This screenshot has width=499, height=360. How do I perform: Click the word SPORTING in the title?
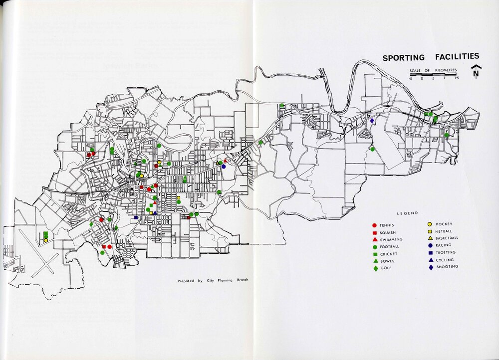[403, 58]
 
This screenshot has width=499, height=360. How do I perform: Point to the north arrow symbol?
[476, 72]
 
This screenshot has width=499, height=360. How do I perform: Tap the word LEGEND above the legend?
[408, 213]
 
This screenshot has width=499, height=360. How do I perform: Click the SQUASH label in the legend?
[390, 233]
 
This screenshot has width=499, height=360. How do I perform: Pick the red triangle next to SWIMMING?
[374, 240]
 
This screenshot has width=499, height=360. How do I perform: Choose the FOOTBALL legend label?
[392, 247]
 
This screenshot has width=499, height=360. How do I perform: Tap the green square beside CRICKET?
[374, 254]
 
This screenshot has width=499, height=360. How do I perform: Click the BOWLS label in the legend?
[387, 261]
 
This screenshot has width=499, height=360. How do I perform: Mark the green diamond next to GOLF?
[374, 269]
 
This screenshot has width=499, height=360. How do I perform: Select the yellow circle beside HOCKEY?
[430, 224]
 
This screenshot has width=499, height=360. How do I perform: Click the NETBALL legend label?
[444, 231]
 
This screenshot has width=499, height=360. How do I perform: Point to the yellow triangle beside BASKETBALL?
[430, 238]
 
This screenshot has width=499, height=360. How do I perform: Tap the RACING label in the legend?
[443, 245]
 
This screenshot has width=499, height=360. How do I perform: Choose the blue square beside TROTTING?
[430, 252]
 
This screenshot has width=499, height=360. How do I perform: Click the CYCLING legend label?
[444, 259]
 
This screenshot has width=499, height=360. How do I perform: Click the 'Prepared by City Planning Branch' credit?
[213, 281]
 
